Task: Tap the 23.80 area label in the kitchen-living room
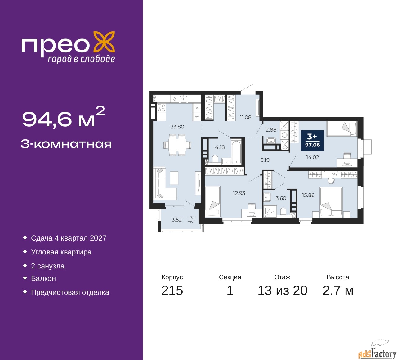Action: pyautogui.click(x=177, y=127)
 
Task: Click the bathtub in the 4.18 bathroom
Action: pyautogui.click(x=236, y=152)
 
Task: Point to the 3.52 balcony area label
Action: pyautogui.click(x=176, y=220)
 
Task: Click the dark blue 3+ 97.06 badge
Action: pyautogui.click(x=312, y=140)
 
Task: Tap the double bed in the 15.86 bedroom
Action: pyautogui.click(x=331, y=202)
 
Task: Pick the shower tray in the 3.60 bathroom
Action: pyautogui.click(x=270, y=211)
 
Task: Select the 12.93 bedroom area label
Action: pyautogui.click(x=239, y=193)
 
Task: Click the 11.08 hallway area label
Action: pyautogui.click(x=245, y=117)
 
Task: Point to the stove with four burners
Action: pyautogui.click(x=161, y=108)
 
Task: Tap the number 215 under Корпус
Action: pyautogui.click(x=172, y=291)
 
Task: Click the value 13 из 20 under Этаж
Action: pyautogui.click(x=282, y=291)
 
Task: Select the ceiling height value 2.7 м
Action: pyautogui.click(x=338, y=291)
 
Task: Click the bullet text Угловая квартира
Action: pyautogui.click(x=61, y=252)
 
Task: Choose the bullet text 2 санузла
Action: pyautogui.click(x=48, y=266)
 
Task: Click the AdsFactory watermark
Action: pyautogui.click(x=377, y=351)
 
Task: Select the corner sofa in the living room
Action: pyautogui.click(x=165, y=183)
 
